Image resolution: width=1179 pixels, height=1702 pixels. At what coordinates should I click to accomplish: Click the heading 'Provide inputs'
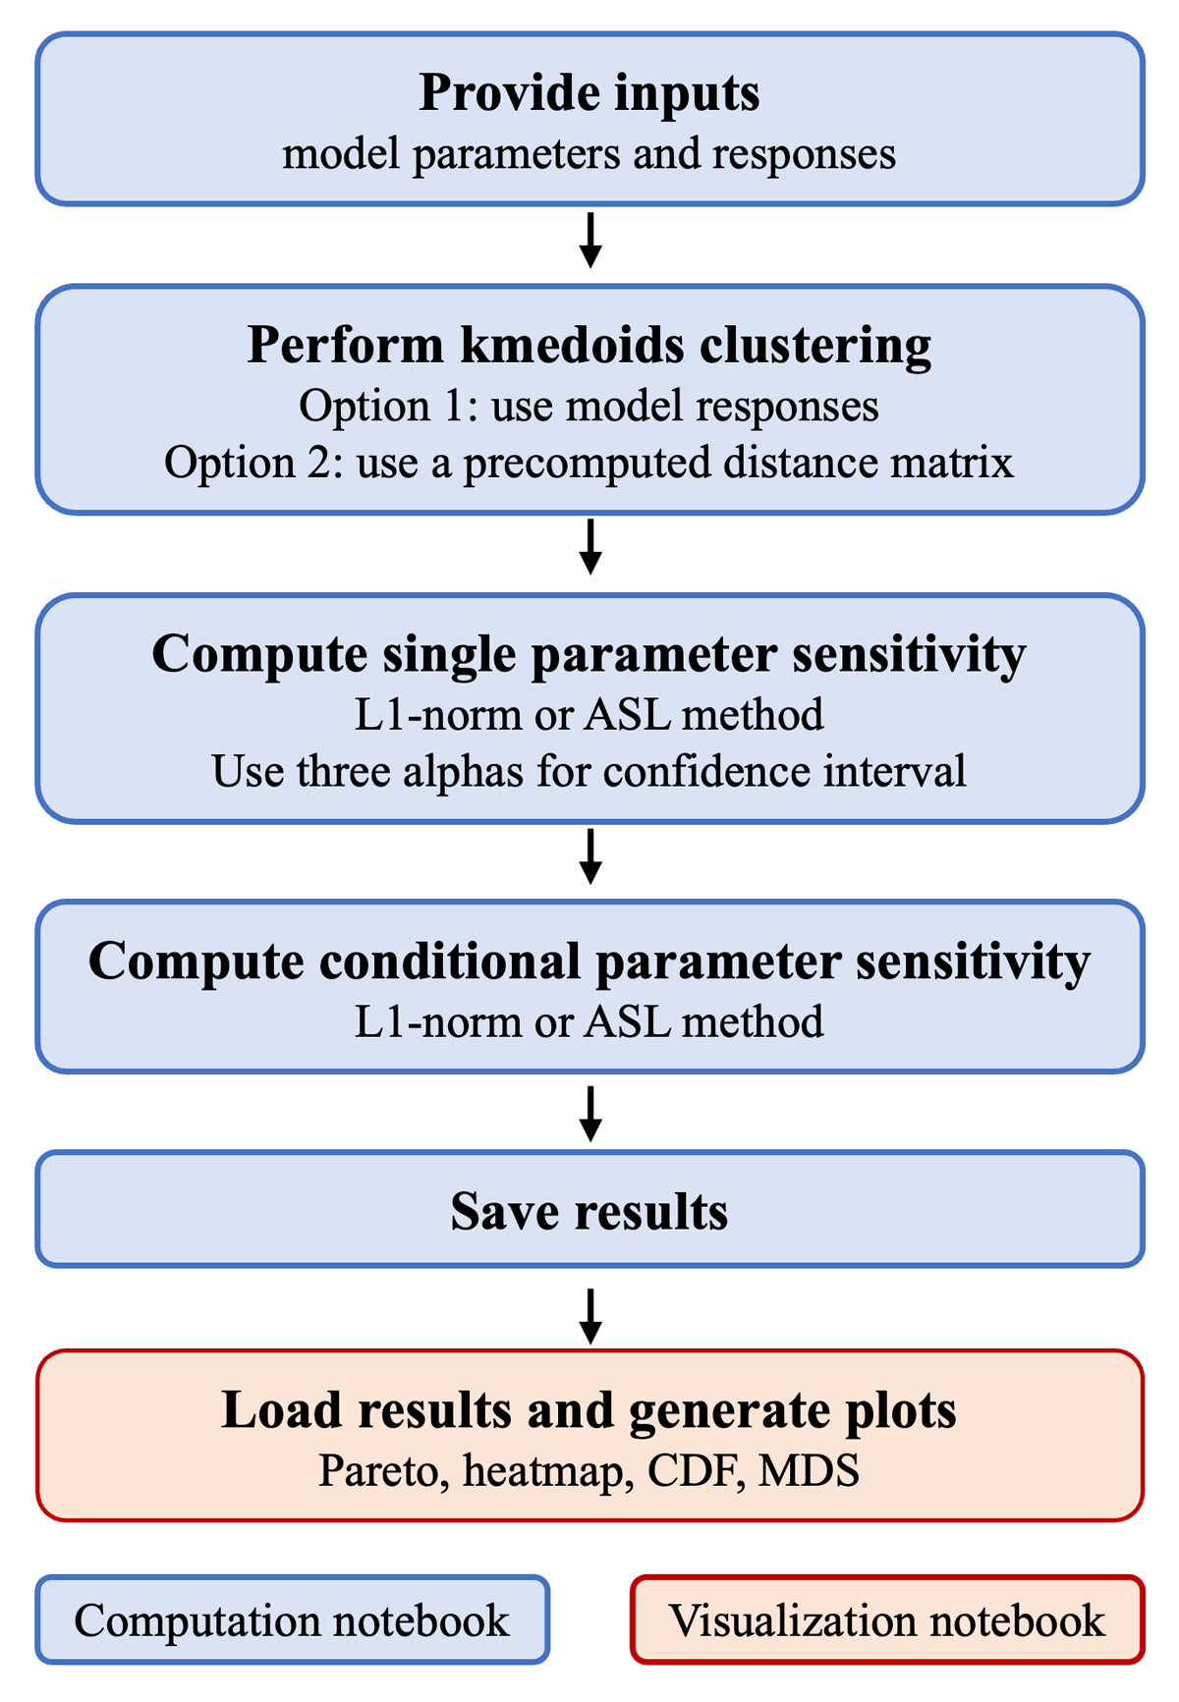[x=589, y=94]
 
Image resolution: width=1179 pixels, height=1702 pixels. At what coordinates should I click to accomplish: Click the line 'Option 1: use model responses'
[x=589, y=406]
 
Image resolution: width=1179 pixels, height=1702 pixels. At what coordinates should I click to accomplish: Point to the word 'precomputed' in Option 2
[x=588, y=463]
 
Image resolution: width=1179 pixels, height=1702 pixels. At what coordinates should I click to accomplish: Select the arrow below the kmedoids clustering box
[x=589, y=547]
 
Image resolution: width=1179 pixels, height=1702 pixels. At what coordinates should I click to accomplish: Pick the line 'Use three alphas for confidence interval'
[x=589, y=771]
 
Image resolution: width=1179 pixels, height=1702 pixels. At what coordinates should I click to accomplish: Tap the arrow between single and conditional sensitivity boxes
[x=589, y=856]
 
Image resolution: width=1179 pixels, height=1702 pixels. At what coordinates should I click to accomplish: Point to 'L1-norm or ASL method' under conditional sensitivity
[x=589, y=1021]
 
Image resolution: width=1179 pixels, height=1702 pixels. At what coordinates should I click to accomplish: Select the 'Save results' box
[x=589, y=1210]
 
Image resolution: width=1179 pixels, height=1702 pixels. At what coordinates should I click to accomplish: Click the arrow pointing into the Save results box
[x=589, y=1114]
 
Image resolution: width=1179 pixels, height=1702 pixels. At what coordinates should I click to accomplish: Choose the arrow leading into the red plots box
[x=589, y=1316]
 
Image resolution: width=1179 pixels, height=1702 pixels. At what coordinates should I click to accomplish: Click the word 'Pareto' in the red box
[x=378, y=1470]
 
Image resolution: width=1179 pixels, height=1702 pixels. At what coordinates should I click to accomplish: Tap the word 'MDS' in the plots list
[x=810, y=1470]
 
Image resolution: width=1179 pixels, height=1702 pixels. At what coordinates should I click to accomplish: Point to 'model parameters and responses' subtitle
[x=589, y=155]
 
